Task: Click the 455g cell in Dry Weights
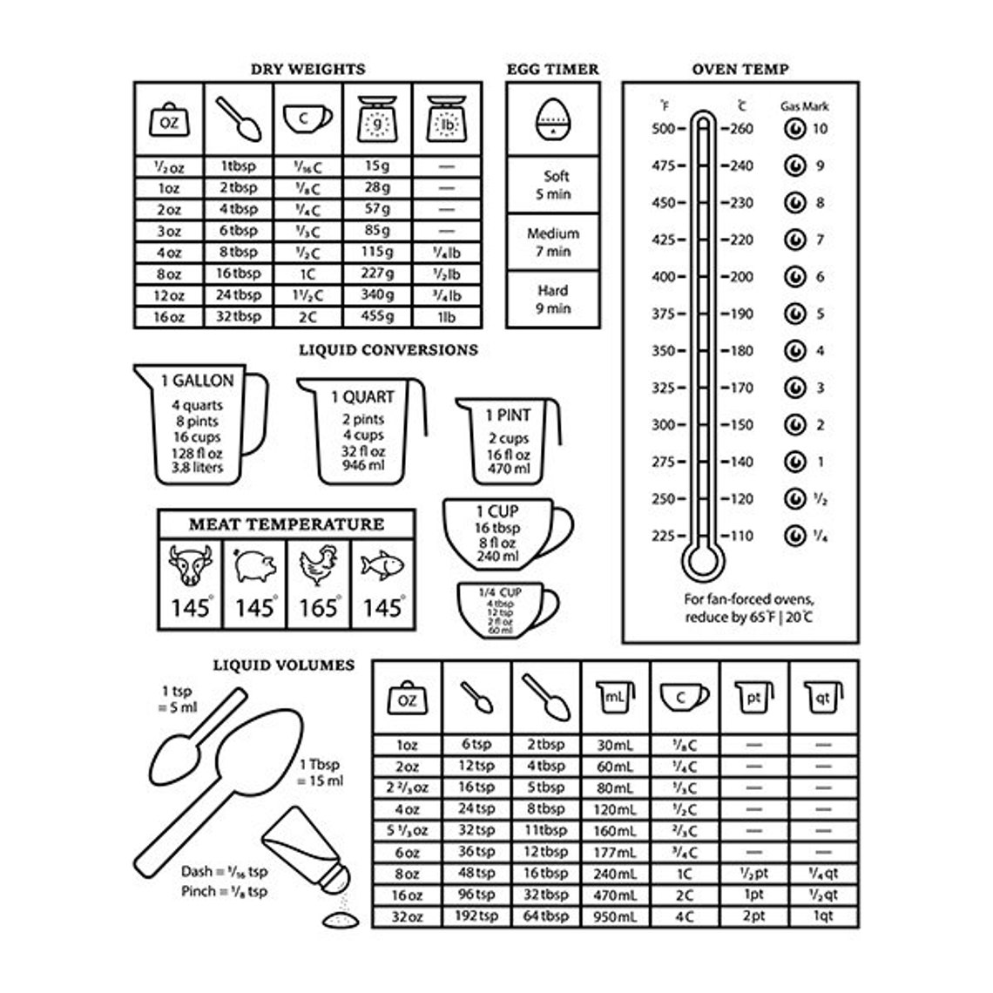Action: tap(378, 317)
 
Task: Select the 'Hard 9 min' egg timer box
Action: tap(552, 299)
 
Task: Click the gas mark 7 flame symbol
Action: tap(794, 240)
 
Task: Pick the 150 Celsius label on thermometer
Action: tap(740, 425)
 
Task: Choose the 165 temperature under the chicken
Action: tap(318, 607)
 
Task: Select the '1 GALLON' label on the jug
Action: tap(197, 381)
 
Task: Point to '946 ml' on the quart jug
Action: tap(362, 467)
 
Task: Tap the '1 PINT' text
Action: tap(508, 415)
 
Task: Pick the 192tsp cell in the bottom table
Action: tap(476, 915)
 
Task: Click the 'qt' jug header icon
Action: tap(822, 698)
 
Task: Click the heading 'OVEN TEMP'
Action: tap(740, 69)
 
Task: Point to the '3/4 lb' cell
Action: tap(447, 295)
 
